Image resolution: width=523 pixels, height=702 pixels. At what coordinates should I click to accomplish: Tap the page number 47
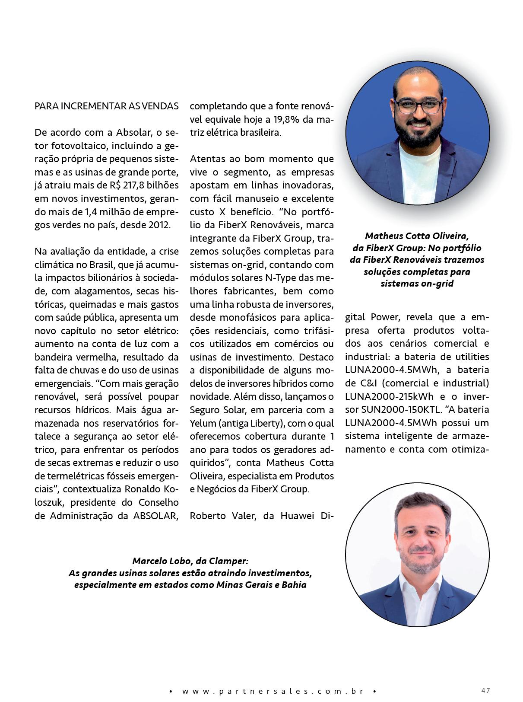485,690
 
